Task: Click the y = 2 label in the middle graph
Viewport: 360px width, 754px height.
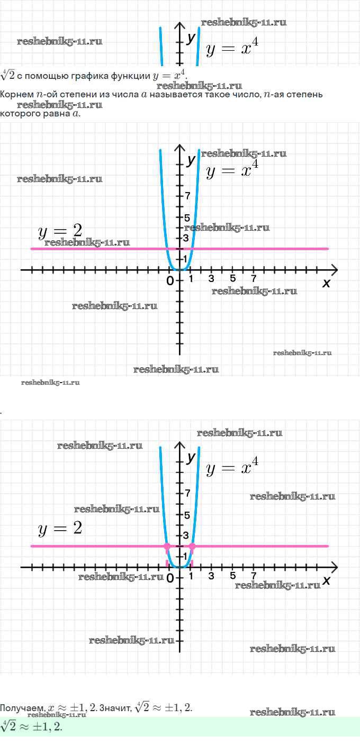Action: (60, 231)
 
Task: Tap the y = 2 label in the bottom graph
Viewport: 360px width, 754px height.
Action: (60, 528)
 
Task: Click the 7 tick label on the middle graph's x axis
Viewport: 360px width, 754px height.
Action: (254, 279)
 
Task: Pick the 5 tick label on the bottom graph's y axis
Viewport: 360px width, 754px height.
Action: (187, 515)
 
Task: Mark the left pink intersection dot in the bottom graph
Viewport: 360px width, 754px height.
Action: (167, 546)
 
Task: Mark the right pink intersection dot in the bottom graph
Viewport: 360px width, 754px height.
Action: (192, 546)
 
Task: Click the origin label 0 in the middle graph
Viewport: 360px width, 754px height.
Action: (170, 281)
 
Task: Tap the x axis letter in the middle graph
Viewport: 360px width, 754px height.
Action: (326, 284)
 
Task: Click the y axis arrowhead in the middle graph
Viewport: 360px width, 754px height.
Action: (180, 146)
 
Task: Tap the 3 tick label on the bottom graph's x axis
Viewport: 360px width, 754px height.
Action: (211, 576)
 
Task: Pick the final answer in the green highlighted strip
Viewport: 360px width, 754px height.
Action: (32, 726)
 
